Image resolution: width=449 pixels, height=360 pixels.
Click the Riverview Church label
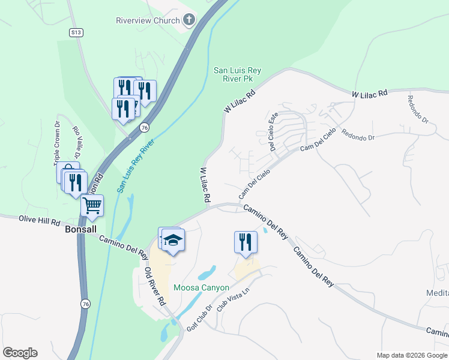(x=148, y=20)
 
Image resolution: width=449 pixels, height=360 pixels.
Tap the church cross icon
(x=189, y=20)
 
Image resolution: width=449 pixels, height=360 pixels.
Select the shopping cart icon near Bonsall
(x=92, y=205)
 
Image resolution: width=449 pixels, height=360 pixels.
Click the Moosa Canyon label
(x=201, y=287)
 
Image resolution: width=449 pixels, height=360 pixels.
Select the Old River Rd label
(x=155, y=286)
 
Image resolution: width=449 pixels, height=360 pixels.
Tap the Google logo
(x=20, y=353)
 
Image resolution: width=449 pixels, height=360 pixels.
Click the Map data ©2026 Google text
(x=411, y=355)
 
